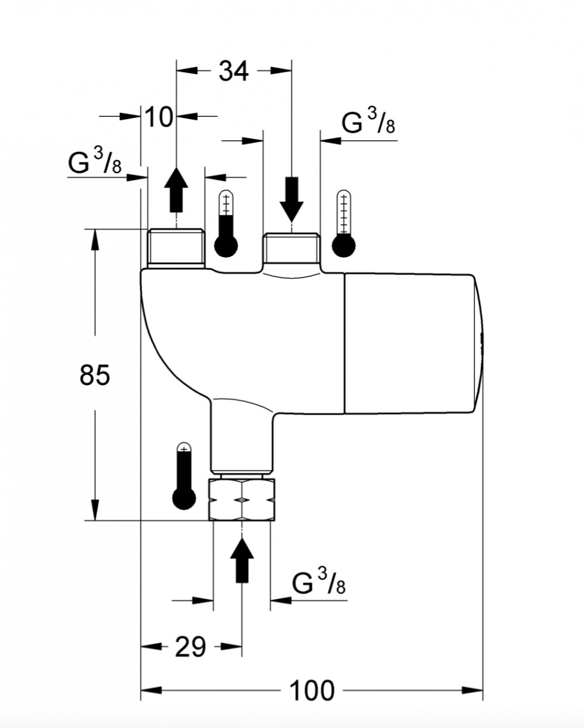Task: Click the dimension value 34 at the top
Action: (x=234, y=71)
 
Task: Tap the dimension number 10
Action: (x=159, y=116)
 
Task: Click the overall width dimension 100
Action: (x=312, y=691)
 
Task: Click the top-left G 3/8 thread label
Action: (x=95, y=161)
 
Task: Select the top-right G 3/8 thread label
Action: (x=369, y=121)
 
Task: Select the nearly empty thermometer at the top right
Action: (x=343, y=224)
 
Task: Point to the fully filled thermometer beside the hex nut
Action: (x=184, y=475)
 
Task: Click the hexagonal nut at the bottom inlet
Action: (x=242, y=500)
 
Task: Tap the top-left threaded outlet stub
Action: (x=176, y=248)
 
